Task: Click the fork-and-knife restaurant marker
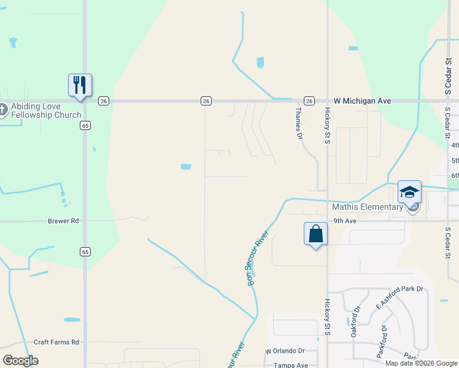coord(80,85)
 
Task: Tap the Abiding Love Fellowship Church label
coord(45,110)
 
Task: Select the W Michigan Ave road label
coord(363,100)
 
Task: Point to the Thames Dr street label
coord(299,123)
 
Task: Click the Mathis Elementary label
coord(367,207)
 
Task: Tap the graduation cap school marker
coord(409,192)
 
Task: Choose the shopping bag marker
coord(315,234)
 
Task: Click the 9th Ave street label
coord(345,221)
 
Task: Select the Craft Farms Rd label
coord(56,342)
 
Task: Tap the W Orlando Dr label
coord(285,351)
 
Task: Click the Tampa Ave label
coord(290,365)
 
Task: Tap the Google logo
coord(20,360)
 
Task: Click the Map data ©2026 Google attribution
coord(421,363)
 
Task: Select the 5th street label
coord(455,161)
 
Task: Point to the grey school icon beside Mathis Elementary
coord(414,207)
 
